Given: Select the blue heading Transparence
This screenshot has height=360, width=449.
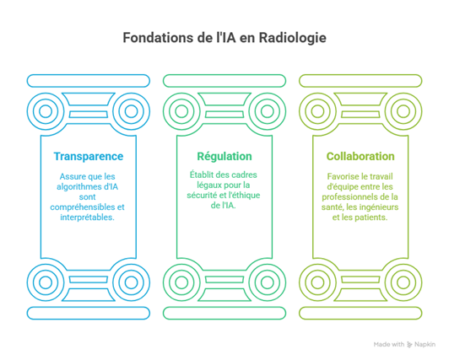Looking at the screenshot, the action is click(x=89, y=157).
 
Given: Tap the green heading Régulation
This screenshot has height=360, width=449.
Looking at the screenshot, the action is click(x=224, y=157).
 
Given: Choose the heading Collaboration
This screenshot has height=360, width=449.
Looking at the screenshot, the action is click(x=360, y=157).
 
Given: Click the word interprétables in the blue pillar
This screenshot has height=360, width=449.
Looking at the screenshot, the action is click(x=87, y=218).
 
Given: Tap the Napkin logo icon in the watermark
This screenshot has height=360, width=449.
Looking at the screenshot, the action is click(x=409, y=345).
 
